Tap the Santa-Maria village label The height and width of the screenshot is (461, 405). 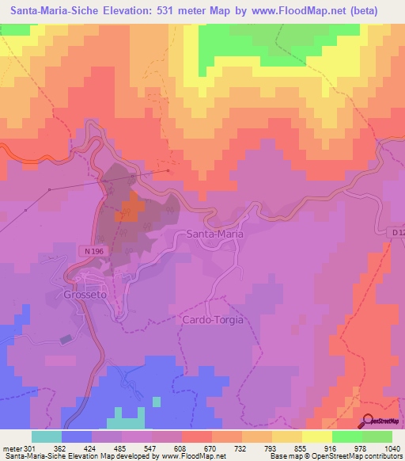pos(214,234)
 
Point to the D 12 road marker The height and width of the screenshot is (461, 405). pos(397,233)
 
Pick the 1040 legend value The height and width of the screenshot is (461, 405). pos(391,448)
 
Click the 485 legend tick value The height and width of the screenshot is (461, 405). pos(121,448)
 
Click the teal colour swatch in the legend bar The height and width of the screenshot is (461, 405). pos(47,436)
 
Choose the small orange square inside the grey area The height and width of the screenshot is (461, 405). pos(131,210)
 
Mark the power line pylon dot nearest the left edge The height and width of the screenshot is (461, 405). pos(25,210)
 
